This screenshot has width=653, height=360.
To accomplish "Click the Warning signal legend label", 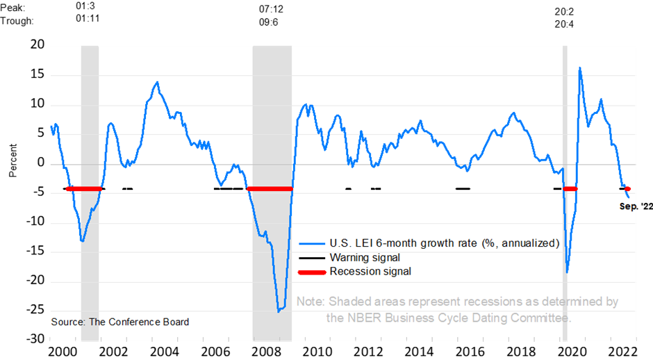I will click(x=365, y=258).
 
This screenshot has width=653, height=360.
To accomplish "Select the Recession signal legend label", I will click(x=370, y=272).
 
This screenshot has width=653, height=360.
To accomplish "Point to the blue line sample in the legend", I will click(x=312, y=244).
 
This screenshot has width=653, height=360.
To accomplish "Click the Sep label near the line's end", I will click(x=627, y=206).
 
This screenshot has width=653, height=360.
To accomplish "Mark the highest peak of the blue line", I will click(x=579, y=68).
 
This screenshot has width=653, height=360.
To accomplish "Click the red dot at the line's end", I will click(x=627, y=189).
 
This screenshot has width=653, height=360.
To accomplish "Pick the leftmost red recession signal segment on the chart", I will click(x=84, y=189).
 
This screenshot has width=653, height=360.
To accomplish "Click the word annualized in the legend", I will click(x=527, y=243).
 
